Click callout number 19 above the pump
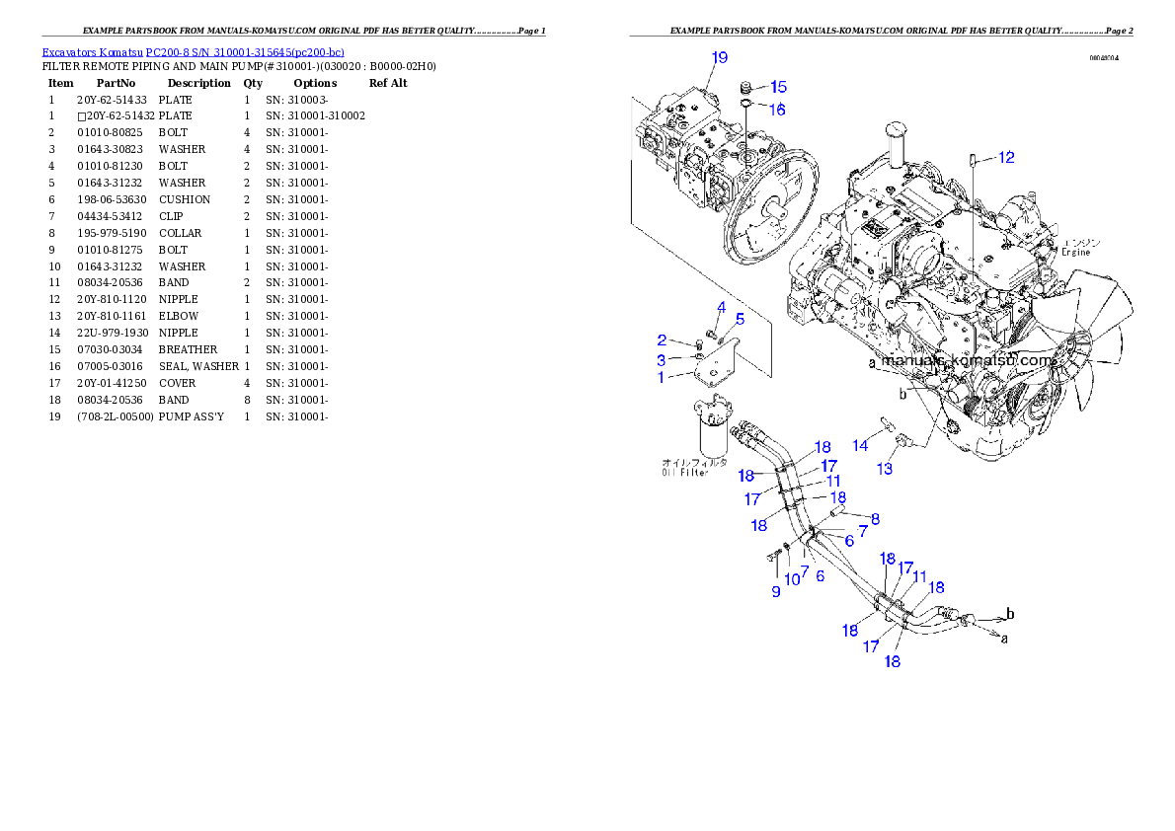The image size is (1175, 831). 720,57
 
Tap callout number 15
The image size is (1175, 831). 778,87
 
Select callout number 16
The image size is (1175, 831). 778,110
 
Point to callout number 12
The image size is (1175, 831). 1005,157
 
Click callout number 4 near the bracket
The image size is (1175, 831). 722,308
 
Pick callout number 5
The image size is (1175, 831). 740,319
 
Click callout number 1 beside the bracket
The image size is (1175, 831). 662,376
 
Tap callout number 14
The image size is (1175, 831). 861,446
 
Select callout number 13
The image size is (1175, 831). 885,469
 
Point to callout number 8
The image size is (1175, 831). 875,517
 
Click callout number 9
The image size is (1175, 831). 776,591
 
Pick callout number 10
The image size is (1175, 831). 792,579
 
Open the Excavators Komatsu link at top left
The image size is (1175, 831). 193,51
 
